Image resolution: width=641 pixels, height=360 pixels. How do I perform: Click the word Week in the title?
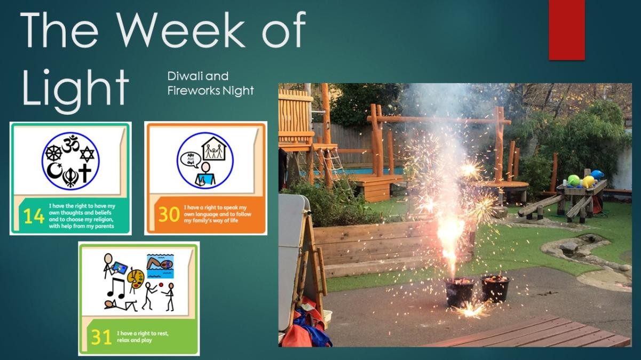(x=181, y=30)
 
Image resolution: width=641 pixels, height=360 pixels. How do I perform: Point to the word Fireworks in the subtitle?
(x=194, y=91)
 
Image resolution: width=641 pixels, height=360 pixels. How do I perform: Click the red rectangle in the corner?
(x=567, y=30)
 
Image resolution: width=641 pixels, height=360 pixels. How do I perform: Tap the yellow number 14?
(x=34, y=216)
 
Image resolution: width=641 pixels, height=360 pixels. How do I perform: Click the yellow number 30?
(x=169, y=214)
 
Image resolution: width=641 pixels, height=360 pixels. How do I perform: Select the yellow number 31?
(x=101, y=338)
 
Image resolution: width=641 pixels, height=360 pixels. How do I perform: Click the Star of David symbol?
(x=87, y=155)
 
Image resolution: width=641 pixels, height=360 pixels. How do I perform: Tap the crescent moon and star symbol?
(x=54, y=170)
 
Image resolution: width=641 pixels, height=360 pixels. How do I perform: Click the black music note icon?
(x=116, y=288)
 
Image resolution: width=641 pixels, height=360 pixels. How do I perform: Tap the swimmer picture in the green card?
(x=160, y=266)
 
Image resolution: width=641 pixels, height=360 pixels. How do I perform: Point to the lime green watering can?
(x=574, y=180)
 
